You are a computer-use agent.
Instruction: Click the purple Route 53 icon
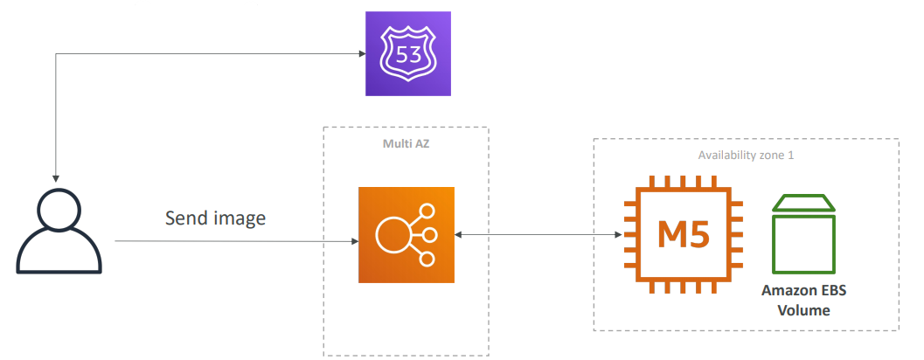408,53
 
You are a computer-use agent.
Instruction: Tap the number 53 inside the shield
408,56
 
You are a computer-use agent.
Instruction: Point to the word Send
185,218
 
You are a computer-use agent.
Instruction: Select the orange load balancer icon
406,235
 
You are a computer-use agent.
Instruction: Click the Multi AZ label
406,143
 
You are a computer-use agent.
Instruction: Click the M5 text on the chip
683,235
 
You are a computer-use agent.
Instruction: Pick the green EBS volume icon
803,234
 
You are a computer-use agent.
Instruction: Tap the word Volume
804,309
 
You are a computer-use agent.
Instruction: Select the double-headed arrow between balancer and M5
538,235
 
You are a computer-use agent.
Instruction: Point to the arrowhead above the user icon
56,177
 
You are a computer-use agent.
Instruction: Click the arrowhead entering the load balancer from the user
353,240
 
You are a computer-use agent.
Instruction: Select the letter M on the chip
668,235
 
